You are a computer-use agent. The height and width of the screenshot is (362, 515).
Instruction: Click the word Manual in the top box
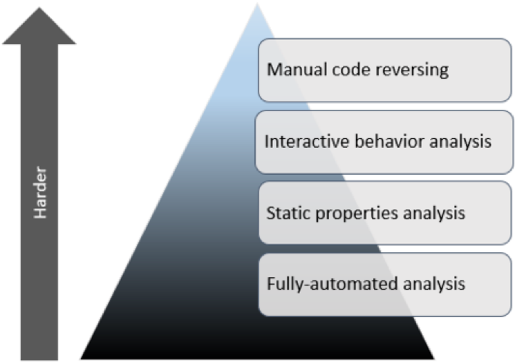[x=290, y=70]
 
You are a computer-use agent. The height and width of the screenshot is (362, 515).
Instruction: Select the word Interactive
[x=297, y=142]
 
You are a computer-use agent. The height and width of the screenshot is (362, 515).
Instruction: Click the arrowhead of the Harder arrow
[x=41, y=24]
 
